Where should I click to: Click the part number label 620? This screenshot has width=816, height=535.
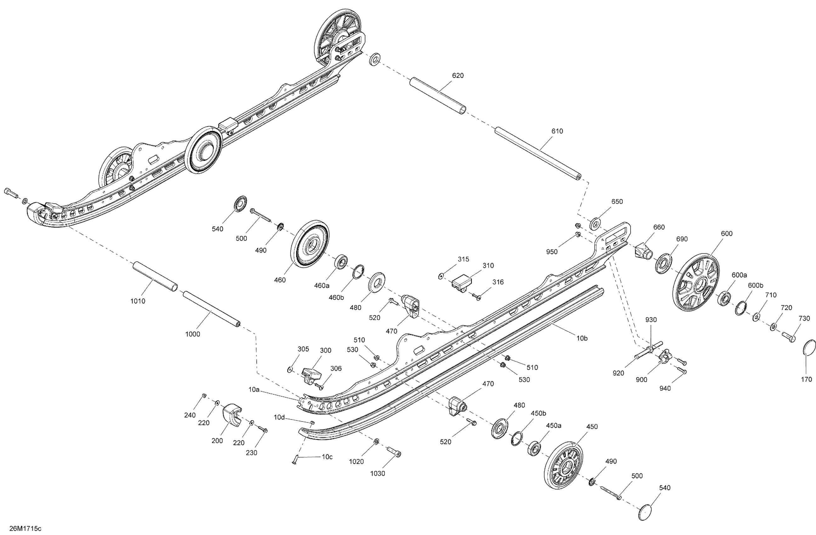tap(458, 76)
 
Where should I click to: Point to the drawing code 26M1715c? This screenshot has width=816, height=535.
tap(25, 528)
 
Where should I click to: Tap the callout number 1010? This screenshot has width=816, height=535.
tap(138, 301)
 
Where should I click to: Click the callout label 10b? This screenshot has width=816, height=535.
tap(582, 338)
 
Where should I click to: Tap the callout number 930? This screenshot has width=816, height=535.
tap(651, 320)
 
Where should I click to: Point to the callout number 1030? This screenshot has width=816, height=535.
tap(377, 474)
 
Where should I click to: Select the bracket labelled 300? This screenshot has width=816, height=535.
tap(311, 374)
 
